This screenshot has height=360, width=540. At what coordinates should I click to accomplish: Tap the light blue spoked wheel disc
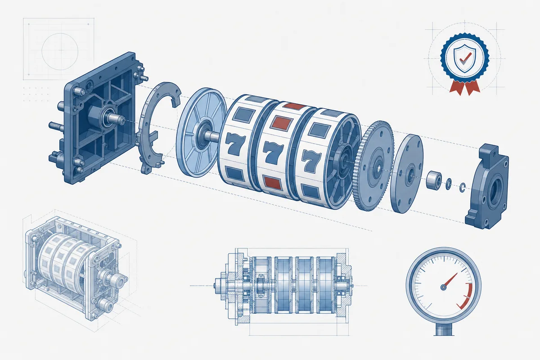pyautogui.click(x=201, y=132)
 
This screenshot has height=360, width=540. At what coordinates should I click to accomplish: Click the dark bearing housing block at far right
pyautogui.click(x=487, y=186)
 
